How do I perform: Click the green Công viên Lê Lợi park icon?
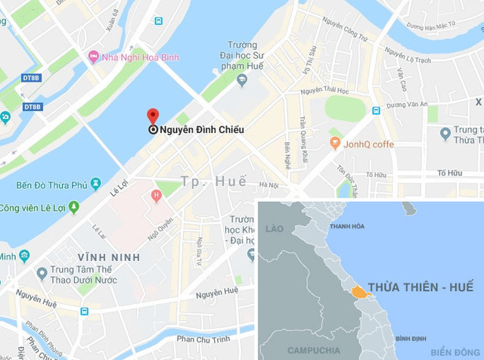[x=73, y=206]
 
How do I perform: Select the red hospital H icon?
[x=157, y=197]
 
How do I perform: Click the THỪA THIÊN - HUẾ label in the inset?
[x=420, y=287]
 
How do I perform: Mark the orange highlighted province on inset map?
[x=358, y=290]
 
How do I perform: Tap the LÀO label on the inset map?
[x=275, y=228]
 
